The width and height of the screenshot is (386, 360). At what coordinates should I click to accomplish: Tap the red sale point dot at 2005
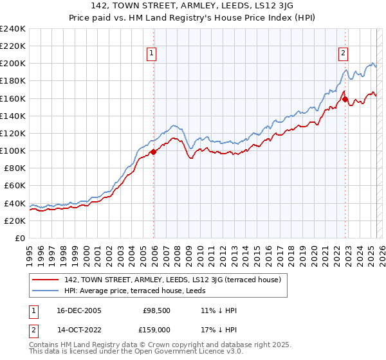153,152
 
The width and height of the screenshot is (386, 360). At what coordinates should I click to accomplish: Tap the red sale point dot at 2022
345,100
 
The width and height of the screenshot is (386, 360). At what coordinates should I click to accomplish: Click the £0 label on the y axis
19,238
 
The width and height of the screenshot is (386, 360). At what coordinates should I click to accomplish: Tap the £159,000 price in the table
156,330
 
